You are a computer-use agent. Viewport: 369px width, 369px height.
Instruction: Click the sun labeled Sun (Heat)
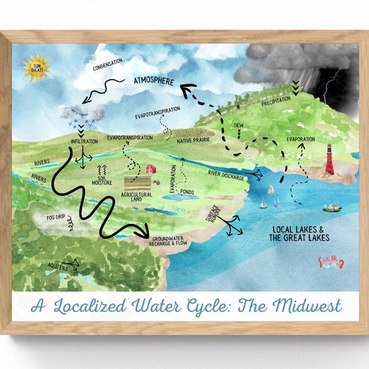(x=35, y=68)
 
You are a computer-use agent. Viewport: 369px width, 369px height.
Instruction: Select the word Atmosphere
(x=154, y=81)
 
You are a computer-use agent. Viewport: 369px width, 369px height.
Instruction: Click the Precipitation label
(x=275, y=103)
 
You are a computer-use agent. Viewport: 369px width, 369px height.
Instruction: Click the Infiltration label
(x=84, y=142)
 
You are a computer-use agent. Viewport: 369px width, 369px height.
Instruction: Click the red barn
(x=150, y=169)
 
